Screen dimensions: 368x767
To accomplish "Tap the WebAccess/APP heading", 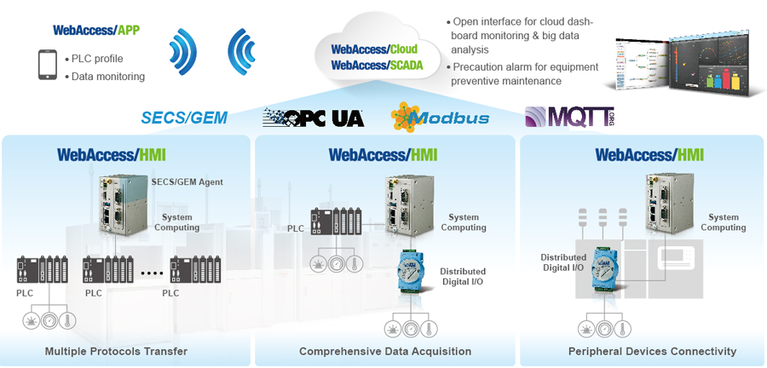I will point(95,30).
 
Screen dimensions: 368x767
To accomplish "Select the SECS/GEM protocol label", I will point(185,118).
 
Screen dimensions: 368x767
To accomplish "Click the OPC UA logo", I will point(313,118).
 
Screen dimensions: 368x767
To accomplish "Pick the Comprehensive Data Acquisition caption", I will point(385,351).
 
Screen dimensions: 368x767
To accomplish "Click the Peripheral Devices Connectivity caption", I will point(652,351).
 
